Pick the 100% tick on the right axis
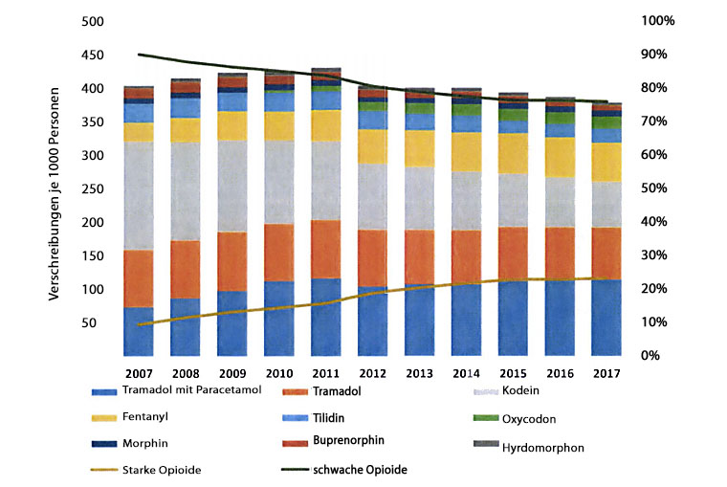tap(658, 21)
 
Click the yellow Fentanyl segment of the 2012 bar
tap(374, 146)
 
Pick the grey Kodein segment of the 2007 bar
tap(140, 196)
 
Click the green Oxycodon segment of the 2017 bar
tap(608, 122)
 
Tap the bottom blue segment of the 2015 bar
tap(515, 319)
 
